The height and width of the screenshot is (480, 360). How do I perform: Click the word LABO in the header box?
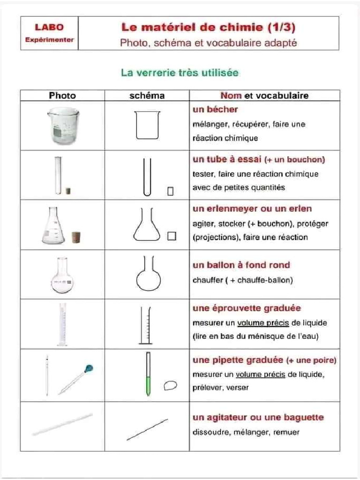(49, 28)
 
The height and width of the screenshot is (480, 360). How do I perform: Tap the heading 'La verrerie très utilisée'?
(180, 73)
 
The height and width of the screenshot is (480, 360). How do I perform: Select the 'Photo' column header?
(62, 96)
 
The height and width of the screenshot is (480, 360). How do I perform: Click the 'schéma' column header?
(147, 96)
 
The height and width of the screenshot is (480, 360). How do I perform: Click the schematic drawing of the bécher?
(147, 125)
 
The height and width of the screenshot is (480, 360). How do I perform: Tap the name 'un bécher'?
(215, 110)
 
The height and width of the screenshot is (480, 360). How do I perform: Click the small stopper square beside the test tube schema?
(170, 191)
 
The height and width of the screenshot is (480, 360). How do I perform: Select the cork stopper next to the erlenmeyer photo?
(75, 237)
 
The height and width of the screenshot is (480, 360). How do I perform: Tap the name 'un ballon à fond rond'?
(241, 265)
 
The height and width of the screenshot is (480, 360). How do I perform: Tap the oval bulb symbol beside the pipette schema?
(171, 385)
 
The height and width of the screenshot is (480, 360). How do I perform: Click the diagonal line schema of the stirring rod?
(147, 429)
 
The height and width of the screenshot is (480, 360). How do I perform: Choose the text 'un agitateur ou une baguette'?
(258, 417)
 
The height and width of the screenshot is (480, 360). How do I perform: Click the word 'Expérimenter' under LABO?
(49, 39)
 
